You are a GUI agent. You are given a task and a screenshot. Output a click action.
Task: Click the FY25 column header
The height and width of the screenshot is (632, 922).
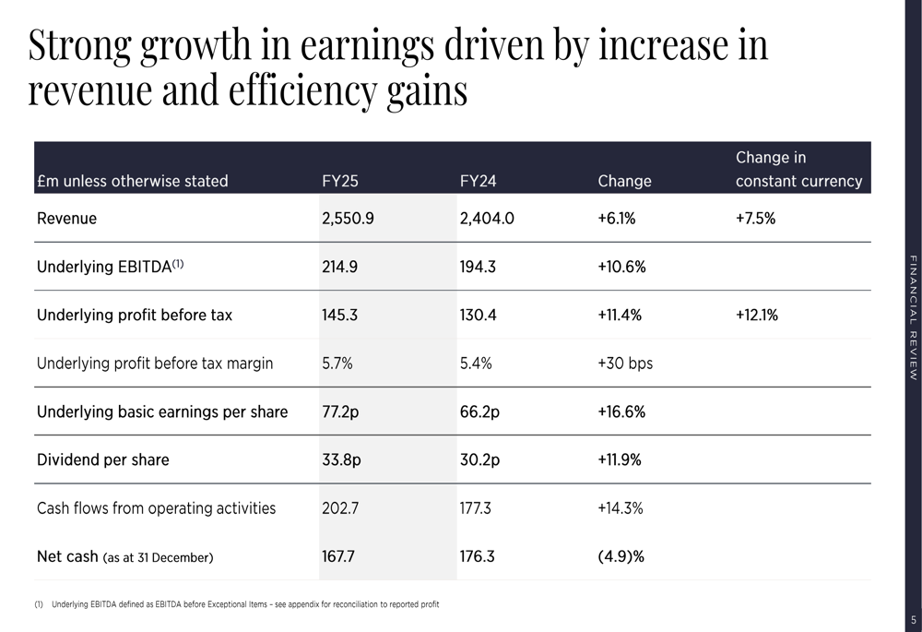click(340, 182)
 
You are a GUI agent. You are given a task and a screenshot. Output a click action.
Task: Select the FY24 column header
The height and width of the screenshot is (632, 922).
click(478, 182)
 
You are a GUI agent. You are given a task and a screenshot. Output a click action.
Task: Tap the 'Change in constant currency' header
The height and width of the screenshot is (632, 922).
click(798, 170)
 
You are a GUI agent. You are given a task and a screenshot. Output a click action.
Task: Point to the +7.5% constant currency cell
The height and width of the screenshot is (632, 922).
click(756, 219)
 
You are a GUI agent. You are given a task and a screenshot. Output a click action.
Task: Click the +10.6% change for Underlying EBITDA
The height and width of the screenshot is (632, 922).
click(621, 267)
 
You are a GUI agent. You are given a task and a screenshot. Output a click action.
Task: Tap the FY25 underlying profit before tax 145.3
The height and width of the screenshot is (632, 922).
click(339, 315)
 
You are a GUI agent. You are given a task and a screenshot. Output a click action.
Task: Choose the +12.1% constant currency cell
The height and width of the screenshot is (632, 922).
click(756, 315)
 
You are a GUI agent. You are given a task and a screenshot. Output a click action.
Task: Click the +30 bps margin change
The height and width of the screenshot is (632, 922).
click(625, 364)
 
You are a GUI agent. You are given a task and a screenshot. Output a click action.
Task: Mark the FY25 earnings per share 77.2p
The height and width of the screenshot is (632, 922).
click(340, 411)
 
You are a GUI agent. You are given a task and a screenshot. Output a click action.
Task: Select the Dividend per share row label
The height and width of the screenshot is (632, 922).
click(102, 459)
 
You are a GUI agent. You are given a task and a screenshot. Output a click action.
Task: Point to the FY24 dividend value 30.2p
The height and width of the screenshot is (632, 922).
click(479, 459)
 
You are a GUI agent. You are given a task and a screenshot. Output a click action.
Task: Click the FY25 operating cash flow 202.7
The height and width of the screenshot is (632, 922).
click(340, 507)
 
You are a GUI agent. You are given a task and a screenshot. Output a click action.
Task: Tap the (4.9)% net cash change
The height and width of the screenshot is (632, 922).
click(621, 556)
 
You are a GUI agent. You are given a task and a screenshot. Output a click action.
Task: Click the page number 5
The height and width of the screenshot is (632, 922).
click(913, 620)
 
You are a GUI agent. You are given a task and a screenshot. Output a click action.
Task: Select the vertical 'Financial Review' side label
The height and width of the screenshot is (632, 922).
click(913, 317)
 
